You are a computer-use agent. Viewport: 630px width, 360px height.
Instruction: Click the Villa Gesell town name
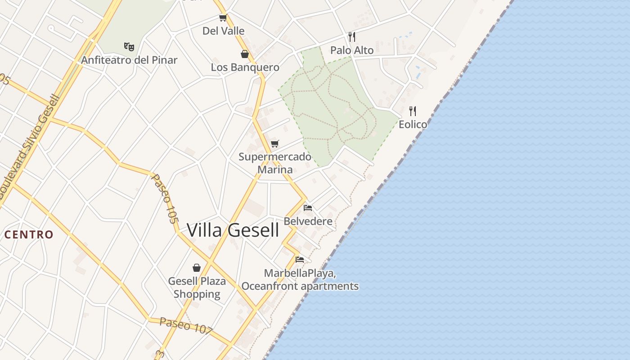pyautogui.click(x=233, y=230)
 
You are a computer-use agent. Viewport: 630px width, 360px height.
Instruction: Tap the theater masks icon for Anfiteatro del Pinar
pyautogui.click(x=129, y=46)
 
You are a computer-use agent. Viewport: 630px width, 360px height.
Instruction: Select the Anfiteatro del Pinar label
pyautogui.click(x=129, y=60)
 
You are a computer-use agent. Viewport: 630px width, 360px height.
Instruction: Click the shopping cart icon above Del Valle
pyautogui.click(x=223, y=18)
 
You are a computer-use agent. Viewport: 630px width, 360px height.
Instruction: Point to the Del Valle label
pyautogui.click(x=223, y=31)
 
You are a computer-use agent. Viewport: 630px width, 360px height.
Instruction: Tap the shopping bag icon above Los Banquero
pyautogui.click(x=245, y=54)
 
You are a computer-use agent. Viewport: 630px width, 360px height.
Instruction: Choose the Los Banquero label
pyautogui.click(x=245, y=67)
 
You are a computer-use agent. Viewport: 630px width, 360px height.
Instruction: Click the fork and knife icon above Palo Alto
pyautogui.click(x=352, y=37)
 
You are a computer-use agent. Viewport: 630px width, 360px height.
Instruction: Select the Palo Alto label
pyautogui.click(x=352, y=50)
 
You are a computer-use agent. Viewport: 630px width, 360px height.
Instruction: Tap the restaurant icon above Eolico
pyautogui.click(x=413, y=111)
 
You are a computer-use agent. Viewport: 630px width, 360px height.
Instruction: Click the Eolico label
pyautogui.click(x=413, y=124)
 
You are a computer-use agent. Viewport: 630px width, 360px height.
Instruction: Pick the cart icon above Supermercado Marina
pyautogui.click(x=274, y=144)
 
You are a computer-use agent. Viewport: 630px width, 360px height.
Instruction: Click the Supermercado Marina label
pyautogui.click(x=274, y=163)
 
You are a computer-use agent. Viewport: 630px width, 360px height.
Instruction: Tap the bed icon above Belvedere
pyautogui.click(x=308, y=208)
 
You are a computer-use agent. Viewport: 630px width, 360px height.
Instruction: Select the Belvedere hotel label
pyautogui.click(x=308, y=221)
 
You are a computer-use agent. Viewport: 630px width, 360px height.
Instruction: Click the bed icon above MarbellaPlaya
pyautogui.click(x=300, y=260)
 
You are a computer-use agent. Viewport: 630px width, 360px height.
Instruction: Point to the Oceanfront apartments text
pyautogui.click(x=300, y=286)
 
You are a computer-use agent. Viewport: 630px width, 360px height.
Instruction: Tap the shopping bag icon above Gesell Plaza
pyautogui.click(x=197, y=268)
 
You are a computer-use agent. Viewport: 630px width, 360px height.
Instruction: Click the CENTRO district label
pyautogui.click(x=29, y=234)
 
